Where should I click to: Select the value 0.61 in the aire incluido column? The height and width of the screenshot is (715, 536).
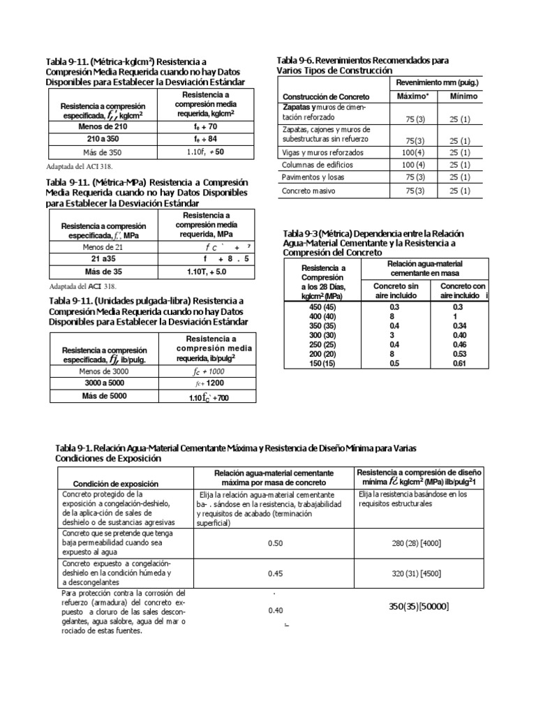tap(459, 363)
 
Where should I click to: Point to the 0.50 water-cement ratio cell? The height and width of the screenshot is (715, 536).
tap(275, 543)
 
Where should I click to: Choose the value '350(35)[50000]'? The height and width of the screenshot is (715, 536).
tap(419, 606)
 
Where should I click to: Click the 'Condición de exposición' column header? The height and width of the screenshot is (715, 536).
tap(116, 483)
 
